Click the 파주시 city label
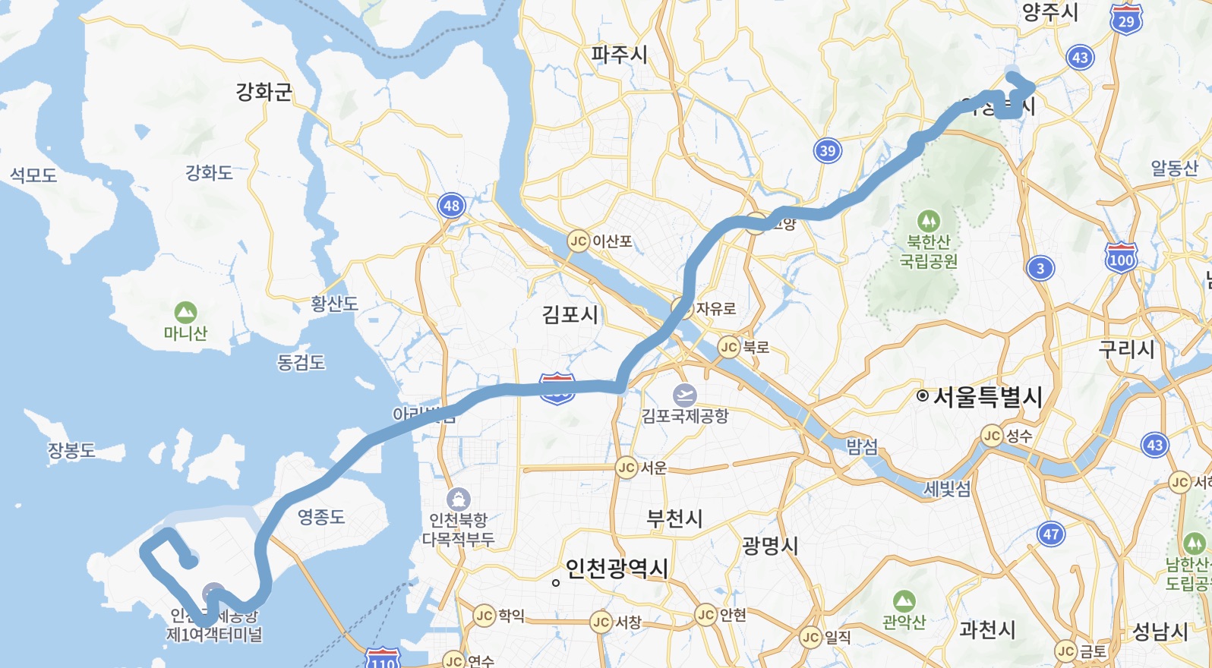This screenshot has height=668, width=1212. [x=620, y=55]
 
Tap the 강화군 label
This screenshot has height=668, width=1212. [x=264, y=93]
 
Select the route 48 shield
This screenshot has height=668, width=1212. [x=452, y=205]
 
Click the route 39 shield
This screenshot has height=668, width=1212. [x=828, y=150]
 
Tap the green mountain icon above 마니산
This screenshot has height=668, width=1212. [x=185, y=313]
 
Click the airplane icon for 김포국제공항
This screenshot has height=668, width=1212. [x=685, y=395]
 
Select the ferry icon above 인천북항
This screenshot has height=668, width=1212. [x=458, y=499]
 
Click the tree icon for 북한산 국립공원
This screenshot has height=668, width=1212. [x=928, y=222]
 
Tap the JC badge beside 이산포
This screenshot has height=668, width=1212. [x=579, y=241]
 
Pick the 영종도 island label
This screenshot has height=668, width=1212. [x=321, y=517]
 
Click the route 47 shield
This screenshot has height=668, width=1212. [x=1051, y=534]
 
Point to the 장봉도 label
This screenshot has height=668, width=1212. [x=71, y=450]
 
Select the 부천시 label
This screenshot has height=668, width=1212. [x=674, y=518]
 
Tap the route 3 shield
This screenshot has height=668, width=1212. [x=1040, y=268]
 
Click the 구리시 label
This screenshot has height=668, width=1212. [x=1126, y=349]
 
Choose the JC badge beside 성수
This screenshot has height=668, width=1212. [x=992, y=436]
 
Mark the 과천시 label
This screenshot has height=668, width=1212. [x=987, y=629]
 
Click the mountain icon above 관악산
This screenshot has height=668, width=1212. [x=904, y=601]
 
